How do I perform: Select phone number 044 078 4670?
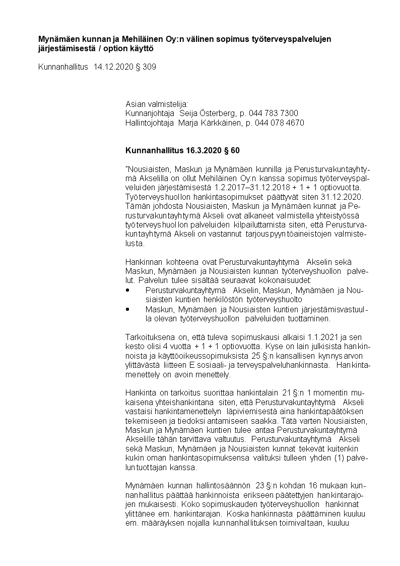point(280,123)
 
